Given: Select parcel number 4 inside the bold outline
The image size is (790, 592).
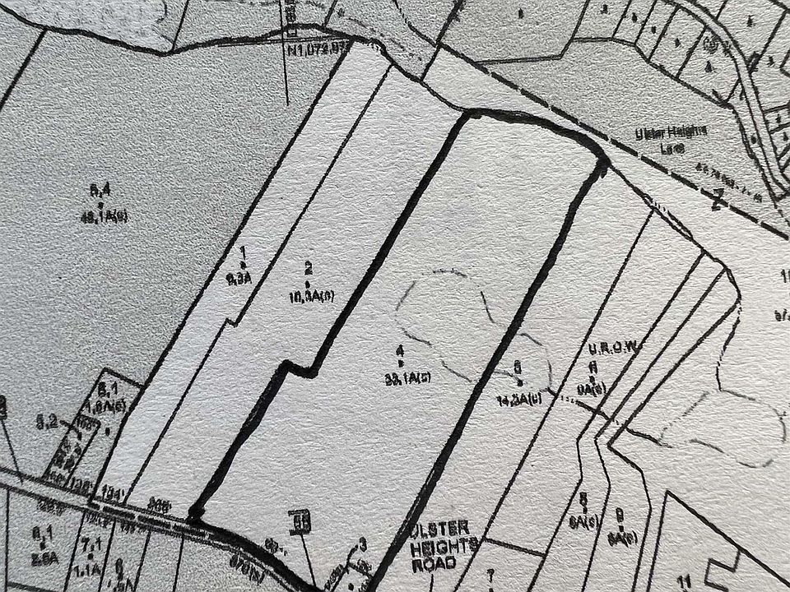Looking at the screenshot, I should (400, 352).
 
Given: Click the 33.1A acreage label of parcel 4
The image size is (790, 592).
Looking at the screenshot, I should (406, 377).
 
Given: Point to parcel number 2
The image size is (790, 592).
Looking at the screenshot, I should (308, 267).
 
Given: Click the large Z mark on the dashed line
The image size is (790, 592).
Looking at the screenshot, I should (717, 201).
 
